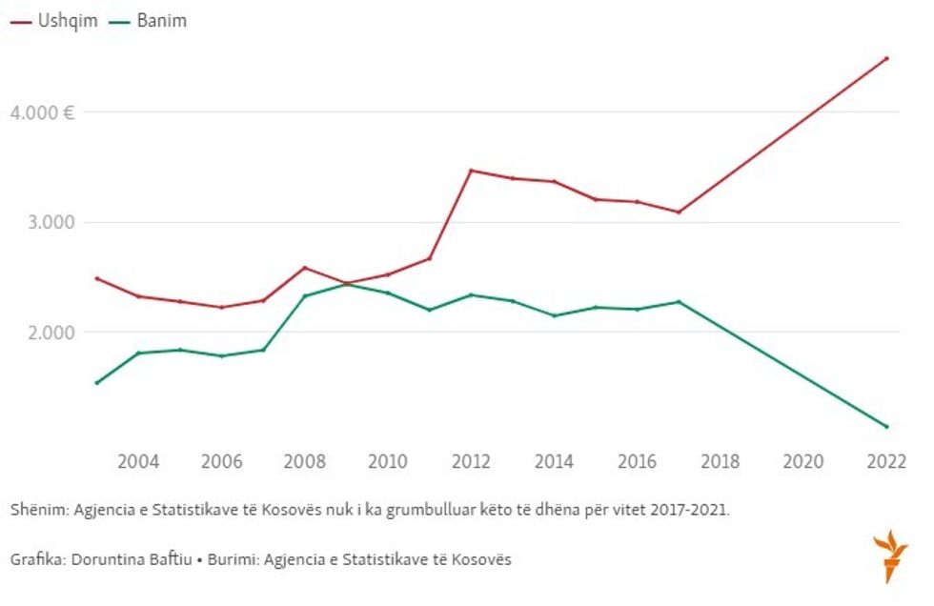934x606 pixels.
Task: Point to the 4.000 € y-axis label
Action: (x=42, y=112)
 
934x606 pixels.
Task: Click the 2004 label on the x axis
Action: (x=138, y=462)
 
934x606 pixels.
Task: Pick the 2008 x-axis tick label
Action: (x=305, y=462)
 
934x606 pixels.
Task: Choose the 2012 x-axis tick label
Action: (x=471, y=462)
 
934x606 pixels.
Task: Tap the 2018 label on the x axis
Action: (x=720, y=462)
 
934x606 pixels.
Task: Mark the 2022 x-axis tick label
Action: (x=885, y=462)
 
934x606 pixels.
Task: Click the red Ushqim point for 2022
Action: (x=886, y=58)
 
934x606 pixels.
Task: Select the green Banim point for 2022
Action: (x=886, y=426)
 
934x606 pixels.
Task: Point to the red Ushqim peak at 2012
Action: (x=471, y=171)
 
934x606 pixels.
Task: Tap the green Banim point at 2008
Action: (x=305, y=295)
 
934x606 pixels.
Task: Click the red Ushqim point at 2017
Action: (x=679, y=212)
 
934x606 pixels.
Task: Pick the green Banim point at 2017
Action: (x=679, y=301)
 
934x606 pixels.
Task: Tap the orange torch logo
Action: (x=890, y=555)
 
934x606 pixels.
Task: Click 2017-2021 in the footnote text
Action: (x=691, y=510)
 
